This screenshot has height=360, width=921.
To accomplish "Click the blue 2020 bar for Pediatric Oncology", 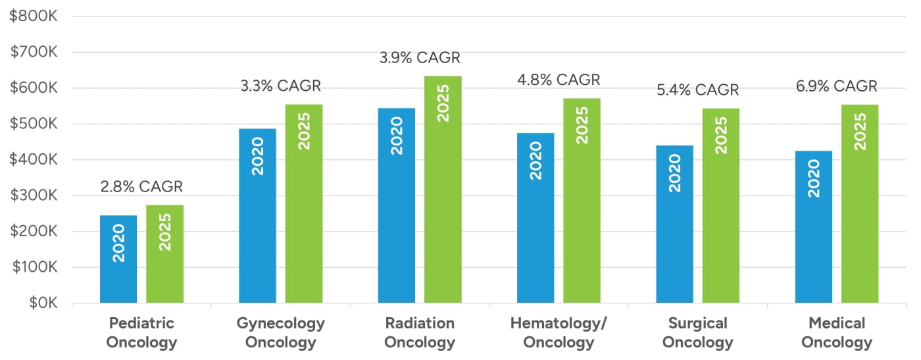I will [x=118, y=259].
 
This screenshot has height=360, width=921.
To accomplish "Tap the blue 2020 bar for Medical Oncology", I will [x=814, y=227].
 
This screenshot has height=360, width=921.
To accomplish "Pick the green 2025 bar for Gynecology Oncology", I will [x=304, y=204].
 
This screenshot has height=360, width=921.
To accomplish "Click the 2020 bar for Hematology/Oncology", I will [x=535, y=218].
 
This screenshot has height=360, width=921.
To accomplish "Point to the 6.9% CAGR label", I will [x=836, y=86].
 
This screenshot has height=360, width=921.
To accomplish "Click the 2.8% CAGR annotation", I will [x=141, y=187].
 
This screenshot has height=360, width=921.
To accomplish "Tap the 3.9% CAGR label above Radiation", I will [x=420, y=58].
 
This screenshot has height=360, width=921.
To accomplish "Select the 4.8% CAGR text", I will [x=559, y=80].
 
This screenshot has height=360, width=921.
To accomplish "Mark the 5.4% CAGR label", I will [x=698, y=90].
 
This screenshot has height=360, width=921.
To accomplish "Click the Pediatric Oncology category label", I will [x=141, y=333].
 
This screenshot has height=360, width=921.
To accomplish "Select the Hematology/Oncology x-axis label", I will [x=559, y=333].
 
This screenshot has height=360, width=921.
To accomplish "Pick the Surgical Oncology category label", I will [x=698, y=333].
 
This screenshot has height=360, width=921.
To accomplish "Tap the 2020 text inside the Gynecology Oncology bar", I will [x=258, y=156].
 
